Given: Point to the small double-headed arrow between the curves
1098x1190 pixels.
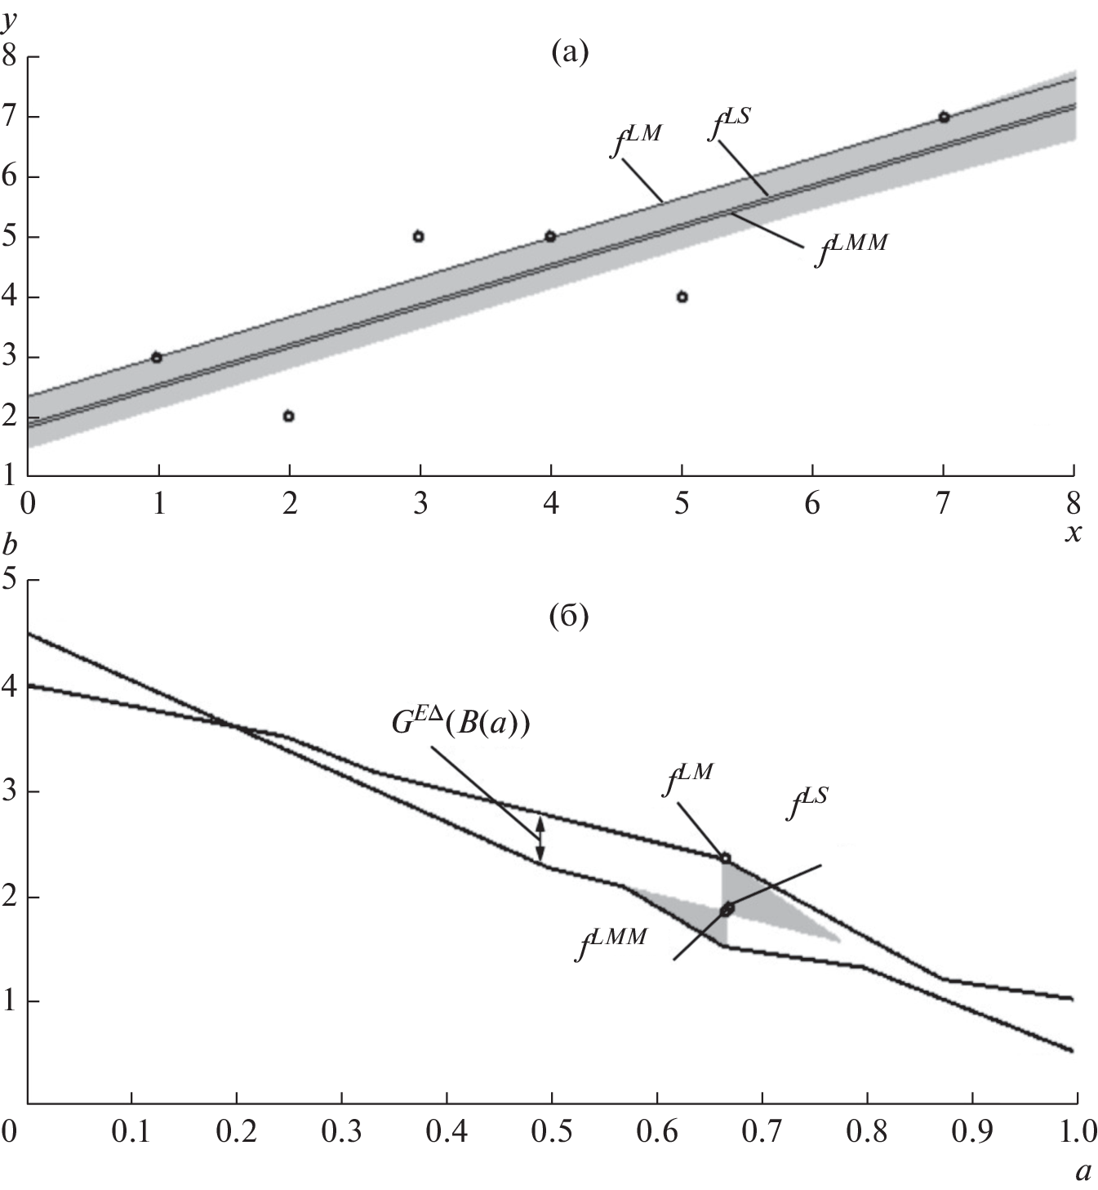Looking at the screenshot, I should point(540,839).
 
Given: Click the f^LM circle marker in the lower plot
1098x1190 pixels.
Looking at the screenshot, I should point(725,858).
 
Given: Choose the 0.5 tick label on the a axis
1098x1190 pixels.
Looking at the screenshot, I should point(551,1133).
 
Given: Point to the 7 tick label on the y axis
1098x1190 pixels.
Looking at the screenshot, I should point(11,117).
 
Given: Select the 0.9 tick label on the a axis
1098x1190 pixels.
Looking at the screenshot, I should point(971,1133).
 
